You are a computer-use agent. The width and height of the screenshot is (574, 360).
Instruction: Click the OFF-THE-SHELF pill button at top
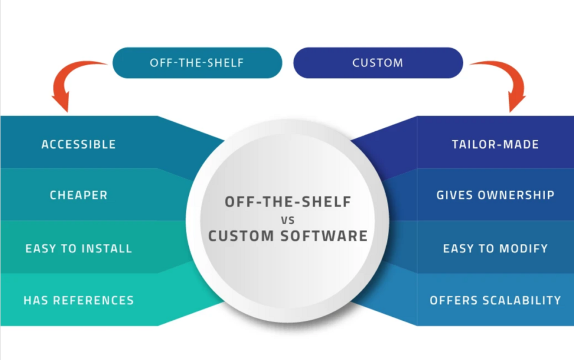(197, 62)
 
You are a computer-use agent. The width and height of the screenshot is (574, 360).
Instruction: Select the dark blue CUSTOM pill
(377, 62)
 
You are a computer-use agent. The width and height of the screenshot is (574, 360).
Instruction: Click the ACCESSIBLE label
(78, 144)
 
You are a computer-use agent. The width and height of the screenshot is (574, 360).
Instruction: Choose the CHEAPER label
(78, 196)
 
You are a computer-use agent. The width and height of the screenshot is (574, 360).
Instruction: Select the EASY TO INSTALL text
(78, 248)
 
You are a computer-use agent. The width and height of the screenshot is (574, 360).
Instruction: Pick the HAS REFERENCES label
(78, 300)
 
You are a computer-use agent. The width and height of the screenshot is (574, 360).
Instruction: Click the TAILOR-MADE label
(495, 144)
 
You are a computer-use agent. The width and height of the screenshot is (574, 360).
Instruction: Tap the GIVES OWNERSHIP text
(495, 196)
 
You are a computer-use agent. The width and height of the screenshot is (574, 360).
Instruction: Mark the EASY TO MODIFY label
(495, 248)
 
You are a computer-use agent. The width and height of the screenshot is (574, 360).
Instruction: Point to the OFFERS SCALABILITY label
(495, 300)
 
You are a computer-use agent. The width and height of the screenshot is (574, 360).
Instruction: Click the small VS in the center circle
(287, 219)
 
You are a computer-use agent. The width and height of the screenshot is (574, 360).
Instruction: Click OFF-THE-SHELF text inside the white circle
(288, 202)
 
